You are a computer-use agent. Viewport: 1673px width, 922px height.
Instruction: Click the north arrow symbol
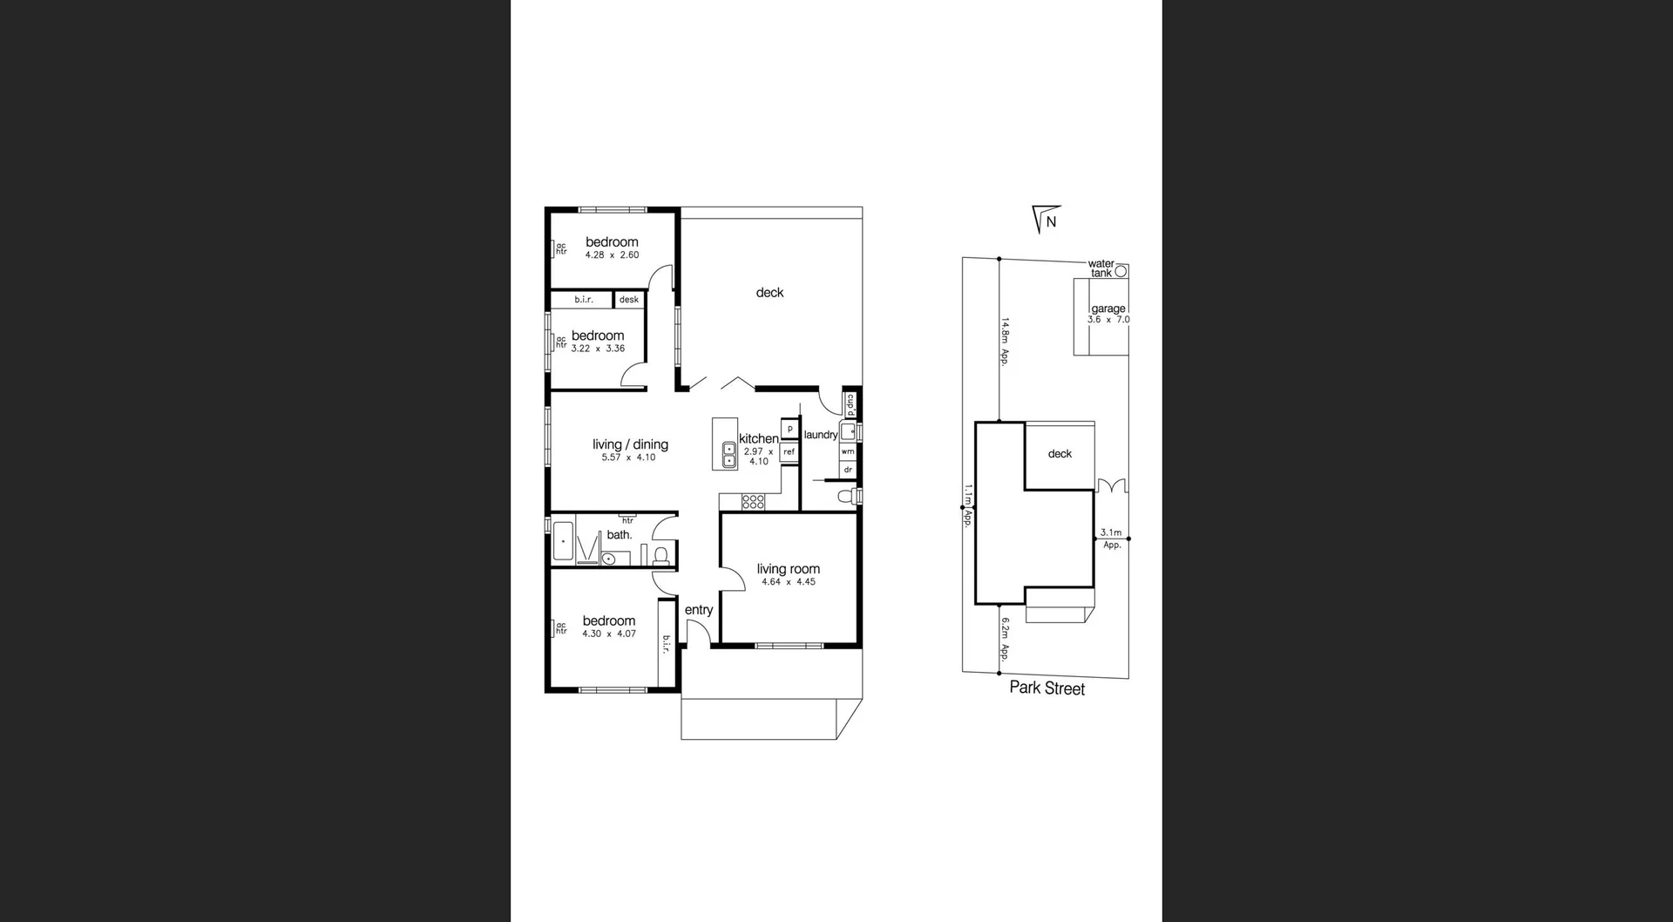click(1046, 220)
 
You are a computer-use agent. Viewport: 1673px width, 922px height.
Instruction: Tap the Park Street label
click(1046, 688)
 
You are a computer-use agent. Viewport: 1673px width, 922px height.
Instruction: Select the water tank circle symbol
click(1121, 271)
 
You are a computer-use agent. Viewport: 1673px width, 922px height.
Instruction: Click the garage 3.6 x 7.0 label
click(1108, 314)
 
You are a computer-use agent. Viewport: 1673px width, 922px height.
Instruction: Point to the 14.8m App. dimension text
click(1005, 341)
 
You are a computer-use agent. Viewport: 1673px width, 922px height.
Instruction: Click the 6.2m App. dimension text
click(1005, 640)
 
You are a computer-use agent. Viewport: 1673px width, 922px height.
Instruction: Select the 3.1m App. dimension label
click(1111, 538)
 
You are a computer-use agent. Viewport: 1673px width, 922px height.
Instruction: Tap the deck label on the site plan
click(1060, 454)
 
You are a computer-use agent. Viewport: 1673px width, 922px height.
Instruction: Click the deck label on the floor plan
click(769, 293)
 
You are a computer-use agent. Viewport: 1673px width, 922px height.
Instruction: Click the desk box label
click(629, 300)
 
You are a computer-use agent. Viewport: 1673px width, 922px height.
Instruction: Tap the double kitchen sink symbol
click(729, 455)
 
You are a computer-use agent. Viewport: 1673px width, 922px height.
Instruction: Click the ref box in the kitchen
click(789, 451)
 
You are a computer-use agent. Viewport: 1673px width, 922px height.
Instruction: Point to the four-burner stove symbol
click(753, 502)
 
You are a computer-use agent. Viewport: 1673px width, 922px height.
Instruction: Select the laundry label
click(821, 435)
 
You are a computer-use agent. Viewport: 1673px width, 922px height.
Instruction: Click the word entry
click(699, 610)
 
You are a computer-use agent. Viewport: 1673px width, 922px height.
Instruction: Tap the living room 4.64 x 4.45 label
click(789, 574)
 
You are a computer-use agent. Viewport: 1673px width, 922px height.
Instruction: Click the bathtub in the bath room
click(564, 541)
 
